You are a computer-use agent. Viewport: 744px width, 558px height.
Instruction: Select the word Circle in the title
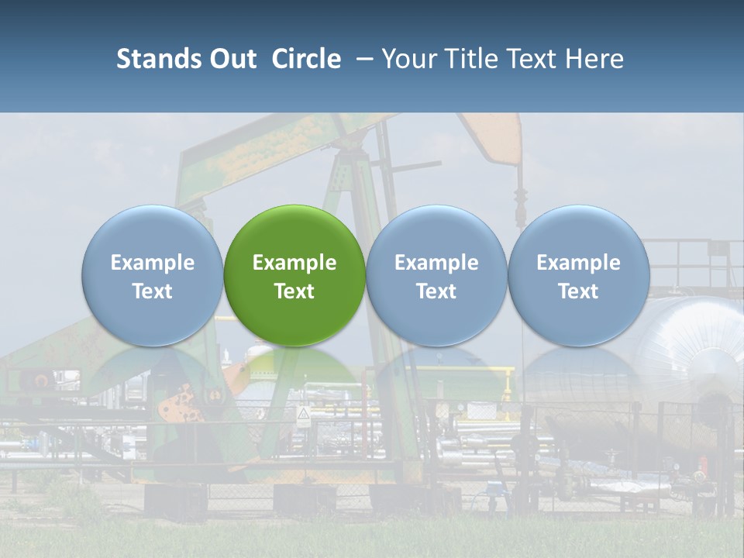[x=306, y=59]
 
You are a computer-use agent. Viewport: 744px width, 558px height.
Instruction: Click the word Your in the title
[x=408, y=59]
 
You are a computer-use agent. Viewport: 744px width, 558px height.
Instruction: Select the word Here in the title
[x=595, y=59]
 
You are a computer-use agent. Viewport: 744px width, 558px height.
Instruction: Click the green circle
[x=294, y=275]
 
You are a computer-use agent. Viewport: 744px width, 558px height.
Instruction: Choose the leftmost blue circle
[x=152, y=275]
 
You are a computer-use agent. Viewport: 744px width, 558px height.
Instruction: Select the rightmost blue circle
[x=578, y=275]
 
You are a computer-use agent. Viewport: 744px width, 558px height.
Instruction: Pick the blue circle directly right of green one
[x=436, y=275]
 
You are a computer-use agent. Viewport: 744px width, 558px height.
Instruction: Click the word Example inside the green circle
[x=294, y=263]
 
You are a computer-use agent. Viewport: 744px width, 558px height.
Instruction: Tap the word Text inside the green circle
[x=294, y=291]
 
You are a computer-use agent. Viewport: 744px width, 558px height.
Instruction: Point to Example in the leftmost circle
[x=152, y=263]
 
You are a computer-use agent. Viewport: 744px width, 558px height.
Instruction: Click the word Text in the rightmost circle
[x=578, y=291]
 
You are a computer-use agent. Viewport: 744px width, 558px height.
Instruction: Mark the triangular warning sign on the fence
[x=304, y=416]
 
